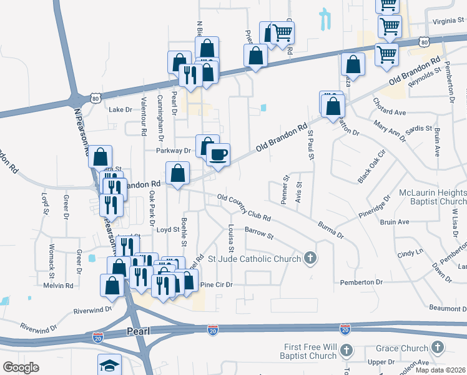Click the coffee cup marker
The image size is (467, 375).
click(x=218, y=154)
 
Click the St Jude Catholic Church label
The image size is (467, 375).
click(x=255, y=258)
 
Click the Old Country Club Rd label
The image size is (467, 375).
click(x=243, y=209)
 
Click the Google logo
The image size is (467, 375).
click(x=21, y=367)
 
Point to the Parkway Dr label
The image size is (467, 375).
click(x=174, y=151)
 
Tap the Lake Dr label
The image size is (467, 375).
click(x=120, y=109)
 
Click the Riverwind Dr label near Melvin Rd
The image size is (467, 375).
click(x=92, y=309)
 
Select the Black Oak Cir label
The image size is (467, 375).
click(x=373, y=167)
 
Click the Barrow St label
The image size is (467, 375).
click(x=260, y=234)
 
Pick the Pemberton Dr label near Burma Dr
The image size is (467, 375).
click(x=361, y=282)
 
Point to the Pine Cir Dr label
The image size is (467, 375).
click(x=216, y=284)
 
